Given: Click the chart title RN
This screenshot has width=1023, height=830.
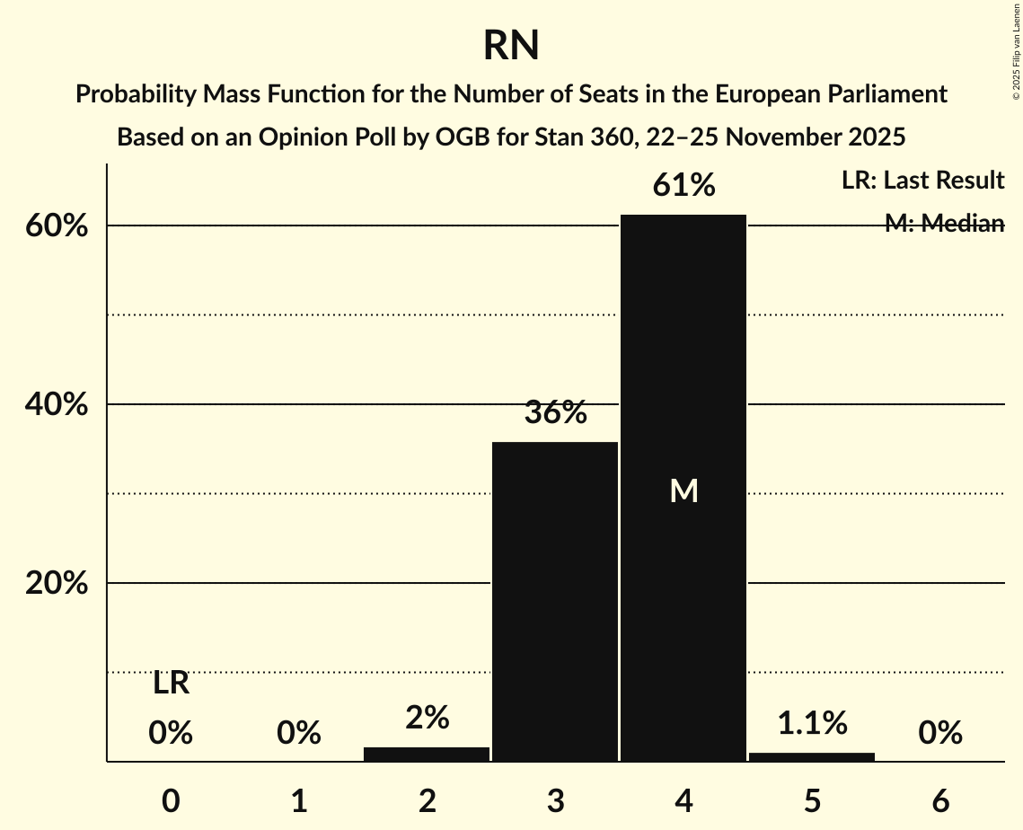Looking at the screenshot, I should (511, 46).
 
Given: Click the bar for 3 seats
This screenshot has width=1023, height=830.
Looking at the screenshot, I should (556, 601).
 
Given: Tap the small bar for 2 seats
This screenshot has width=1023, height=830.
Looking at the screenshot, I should (427, 754).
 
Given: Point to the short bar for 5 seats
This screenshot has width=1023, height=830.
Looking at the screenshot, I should (812, 756).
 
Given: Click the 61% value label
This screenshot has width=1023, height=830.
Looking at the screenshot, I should (684, 186).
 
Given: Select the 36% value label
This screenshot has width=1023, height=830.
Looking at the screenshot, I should (556, 413).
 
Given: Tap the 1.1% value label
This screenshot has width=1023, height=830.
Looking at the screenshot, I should (812, 722).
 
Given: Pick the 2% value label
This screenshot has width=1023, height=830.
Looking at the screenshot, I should (427, 717).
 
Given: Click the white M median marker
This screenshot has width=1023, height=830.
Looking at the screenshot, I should (684, 490).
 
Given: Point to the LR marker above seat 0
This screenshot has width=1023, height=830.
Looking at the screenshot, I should (171, 684).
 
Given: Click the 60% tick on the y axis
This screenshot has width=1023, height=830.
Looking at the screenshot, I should (57, 226).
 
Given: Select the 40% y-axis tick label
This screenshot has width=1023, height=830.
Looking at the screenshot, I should (57, 405).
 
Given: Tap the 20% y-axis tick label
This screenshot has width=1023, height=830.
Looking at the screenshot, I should (57, 584).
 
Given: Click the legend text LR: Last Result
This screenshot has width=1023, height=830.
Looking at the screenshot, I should (922, 181).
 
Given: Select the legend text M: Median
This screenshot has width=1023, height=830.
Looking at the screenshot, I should (944, 224).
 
